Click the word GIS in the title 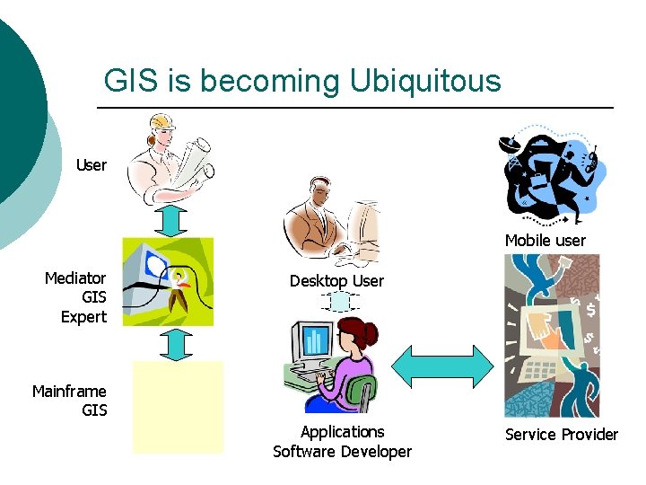click(x=130, y=81)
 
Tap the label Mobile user click(x=545, y=240)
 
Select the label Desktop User click(x=336, y=281)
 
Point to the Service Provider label click(x=562, y=435)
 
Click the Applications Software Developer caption click(x=342, y=442)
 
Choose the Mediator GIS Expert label click(x=76, y=297)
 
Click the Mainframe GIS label click(x=70, y=401)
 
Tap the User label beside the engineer click(x=92, y=165)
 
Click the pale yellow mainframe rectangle click(x=178, y=407)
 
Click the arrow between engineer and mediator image click(x=177, y=221)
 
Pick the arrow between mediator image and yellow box click(x=179, y=343)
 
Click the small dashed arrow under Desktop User click(x=340, y=302)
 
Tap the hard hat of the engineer click(x=161, y=121)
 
